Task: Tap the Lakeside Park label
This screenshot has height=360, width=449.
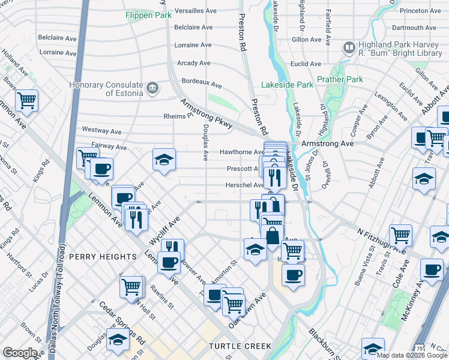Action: point(291,85)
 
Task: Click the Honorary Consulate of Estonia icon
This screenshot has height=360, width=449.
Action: point(152,88)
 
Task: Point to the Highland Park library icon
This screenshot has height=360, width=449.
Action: point(349,47)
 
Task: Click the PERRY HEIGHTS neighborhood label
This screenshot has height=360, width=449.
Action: point(103,257)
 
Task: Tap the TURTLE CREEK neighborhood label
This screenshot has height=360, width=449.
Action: point(240,346)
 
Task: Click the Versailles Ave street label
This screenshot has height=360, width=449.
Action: point(195,11)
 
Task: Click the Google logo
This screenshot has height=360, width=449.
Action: point(19,353)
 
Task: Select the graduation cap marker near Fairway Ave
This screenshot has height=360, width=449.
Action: point(164,160)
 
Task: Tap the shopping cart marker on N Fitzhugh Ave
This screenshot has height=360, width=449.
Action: point(400,235)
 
